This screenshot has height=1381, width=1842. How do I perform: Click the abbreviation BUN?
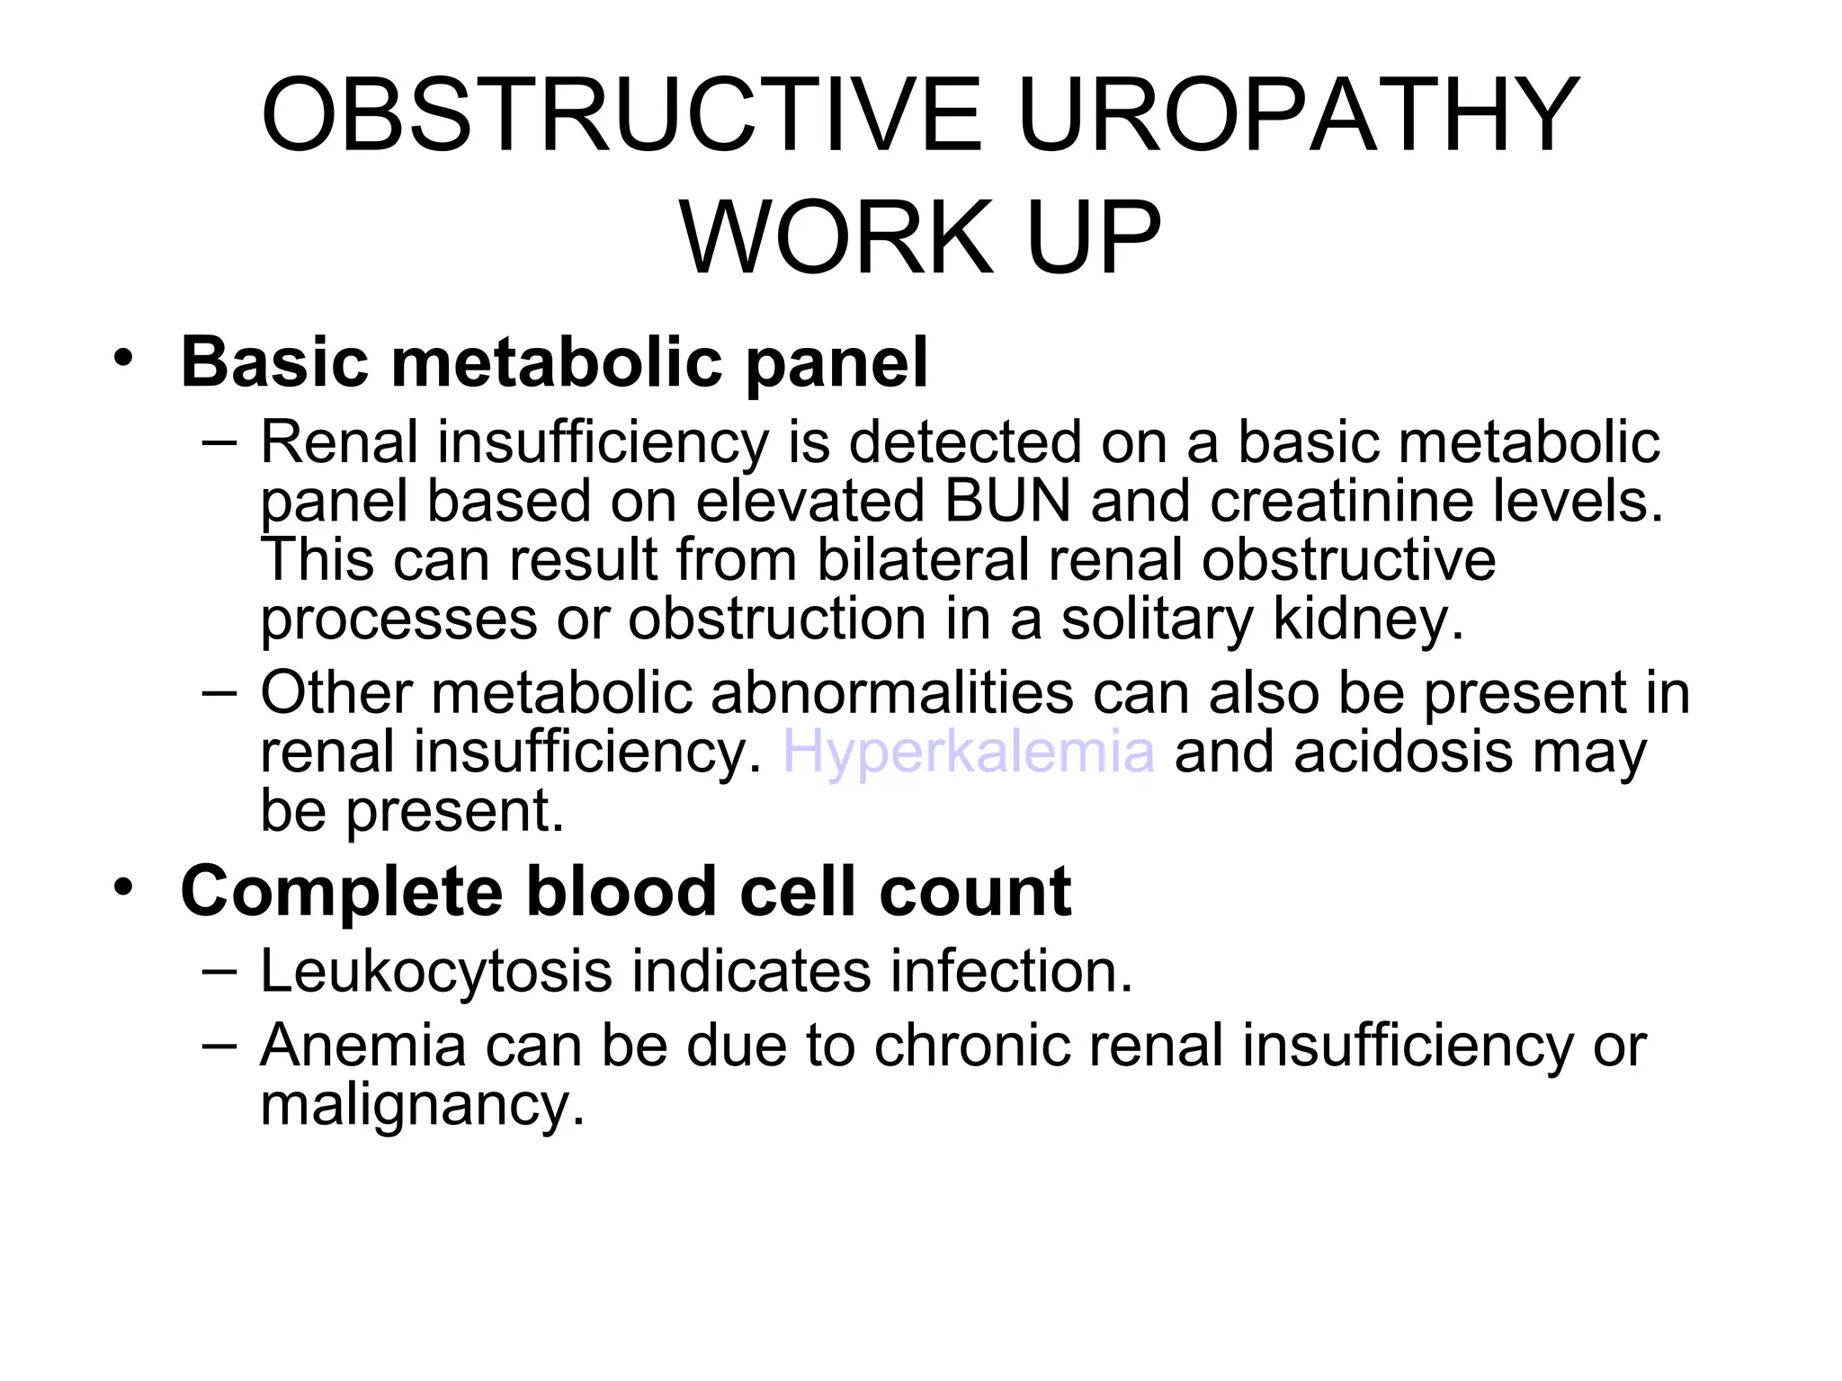1007,501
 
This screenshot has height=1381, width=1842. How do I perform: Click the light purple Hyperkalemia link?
969,752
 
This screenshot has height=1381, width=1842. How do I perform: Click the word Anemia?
362,1046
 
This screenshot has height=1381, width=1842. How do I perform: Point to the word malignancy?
423,1105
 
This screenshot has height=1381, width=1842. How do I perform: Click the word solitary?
1157,619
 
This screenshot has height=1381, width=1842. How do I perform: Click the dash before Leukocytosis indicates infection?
220,971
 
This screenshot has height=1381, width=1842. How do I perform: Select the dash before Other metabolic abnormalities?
220,692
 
